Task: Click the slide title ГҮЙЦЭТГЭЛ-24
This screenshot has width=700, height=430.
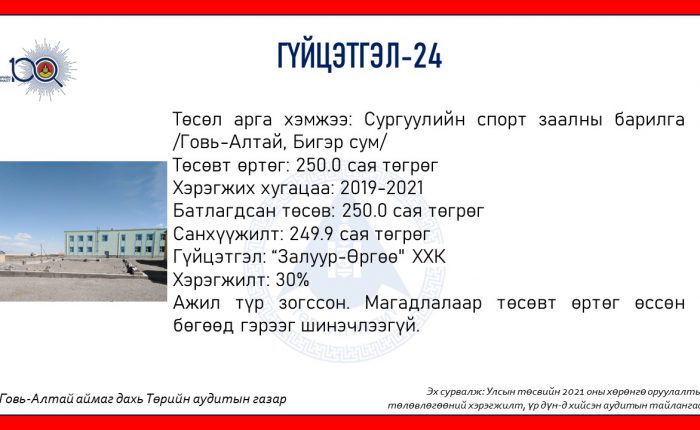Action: point(360,56)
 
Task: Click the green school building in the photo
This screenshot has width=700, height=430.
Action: point(116,243)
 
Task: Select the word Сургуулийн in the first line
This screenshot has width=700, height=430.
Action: point(415,119)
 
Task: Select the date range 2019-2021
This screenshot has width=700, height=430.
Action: point(382,188)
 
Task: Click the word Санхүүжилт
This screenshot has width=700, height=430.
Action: point(228,235)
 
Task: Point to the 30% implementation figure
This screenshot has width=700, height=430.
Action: point(292,280)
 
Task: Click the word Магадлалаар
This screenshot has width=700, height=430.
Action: point(423,304)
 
